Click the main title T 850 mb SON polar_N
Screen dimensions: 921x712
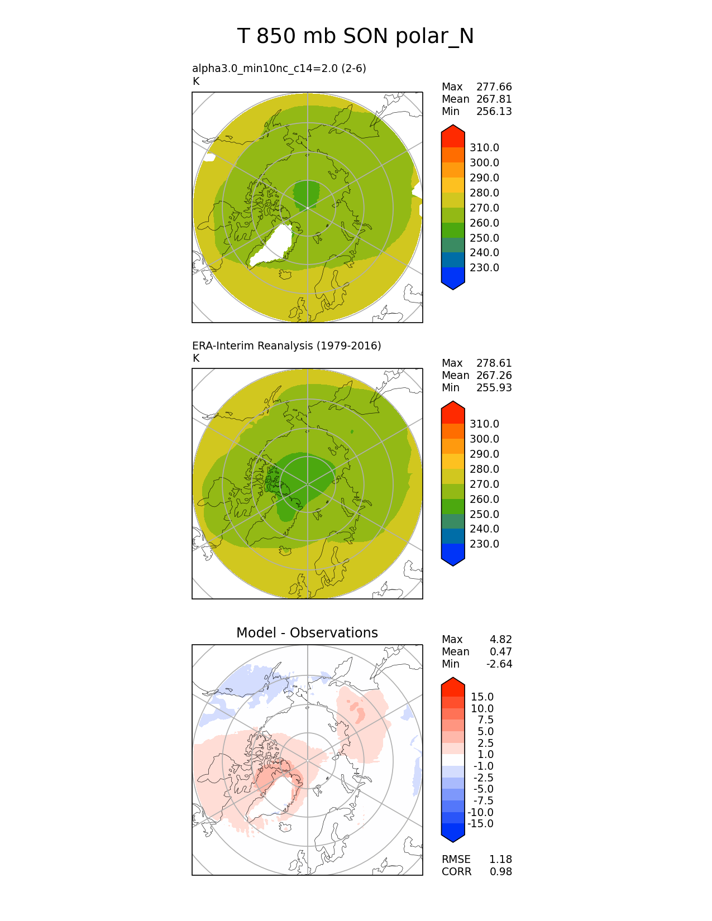tap(355, 36)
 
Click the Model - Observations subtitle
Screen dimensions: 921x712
tap(307, 632)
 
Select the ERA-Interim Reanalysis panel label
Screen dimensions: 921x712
tap(286, 346)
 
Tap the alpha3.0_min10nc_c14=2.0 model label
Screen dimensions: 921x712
tap(279, 68)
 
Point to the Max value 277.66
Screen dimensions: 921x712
tap(494, 87)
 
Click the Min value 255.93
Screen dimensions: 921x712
tap(494, 388)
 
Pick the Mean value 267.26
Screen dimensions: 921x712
tap(494, 376)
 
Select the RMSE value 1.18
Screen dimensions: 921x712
tap(500, 860)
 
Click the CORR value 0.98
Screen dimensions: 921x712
tap(500, 872)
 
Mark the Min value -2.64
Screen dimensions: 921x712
tap(499, 664)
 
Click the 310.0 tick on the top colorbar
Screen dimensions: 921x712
tap(484, 148)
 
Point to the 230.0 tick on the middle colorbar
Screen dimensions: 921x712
tap(484, 544)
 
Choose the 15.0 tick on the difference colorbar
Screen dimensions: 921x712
tap(482, 697)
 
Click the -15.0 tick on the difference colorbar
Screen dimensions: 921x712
tap(480, 824)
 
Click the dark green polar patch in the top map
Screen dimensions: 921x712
tap(306, 193)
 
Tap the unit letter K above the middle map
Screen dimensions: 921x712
tap(196, 358)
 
